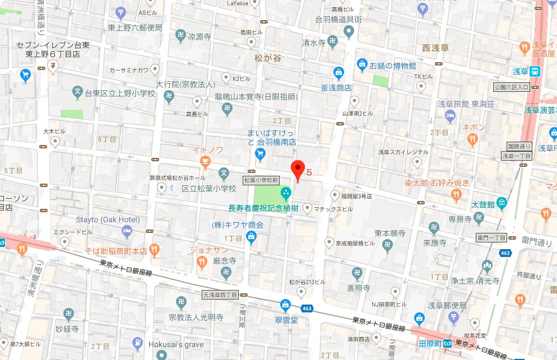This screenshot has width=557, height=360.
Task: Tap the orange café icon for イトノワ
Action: coord(205,162)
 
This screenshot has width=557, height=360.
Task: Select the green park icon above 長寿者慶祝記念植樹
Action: coord(286,194)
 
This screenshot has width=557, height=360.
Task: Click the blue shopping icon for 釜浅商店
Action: coord(338,72)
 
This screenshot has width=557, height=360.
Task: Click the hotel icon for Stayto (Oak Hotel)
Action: coord(128,231)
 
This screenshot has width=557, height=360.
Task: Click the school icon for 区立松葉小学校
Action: coord(224,174)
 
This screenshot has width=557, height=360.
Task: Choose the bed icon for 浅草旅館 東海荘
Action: coord(449,116)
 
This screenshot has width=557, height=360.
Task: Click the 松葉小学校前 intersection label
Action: coord(261,180)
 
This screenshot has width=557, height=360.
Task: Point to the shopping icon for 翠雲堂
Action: coord(286,305)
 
